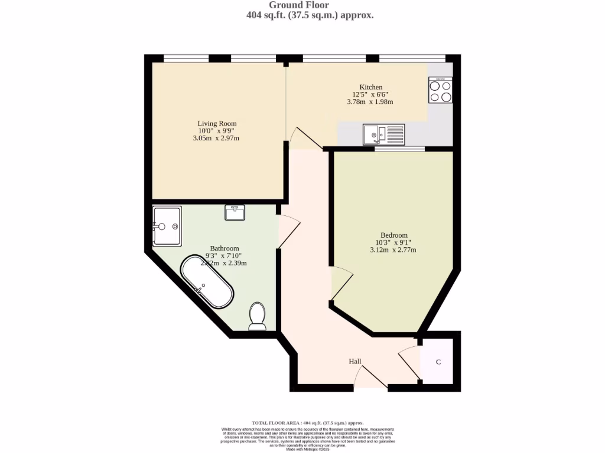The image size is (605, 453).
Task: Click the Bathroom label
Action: pos(225,248)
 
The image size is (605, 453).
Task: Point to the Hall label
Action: pos(354,362)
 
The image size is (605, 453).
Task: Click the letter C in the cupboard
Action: pos(438,362)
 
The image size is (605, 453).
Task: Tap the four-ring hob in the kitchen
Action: pos(440,91)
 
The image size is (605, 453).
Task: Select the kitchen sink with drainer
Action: pos(384,134)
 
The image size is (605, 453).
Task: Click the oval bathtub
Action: pos(207,281)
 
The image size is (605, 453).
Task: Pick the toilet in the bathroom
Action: pos(257,316)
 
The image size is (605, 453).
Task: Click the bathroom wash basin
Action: pos(235,212)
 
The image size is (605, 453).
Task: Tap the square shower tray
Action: pos(167,226)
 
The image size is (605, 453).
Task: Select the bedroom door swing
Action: pos(342,283)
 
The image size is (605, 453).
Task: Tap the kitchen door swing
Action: pos(305,138)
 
